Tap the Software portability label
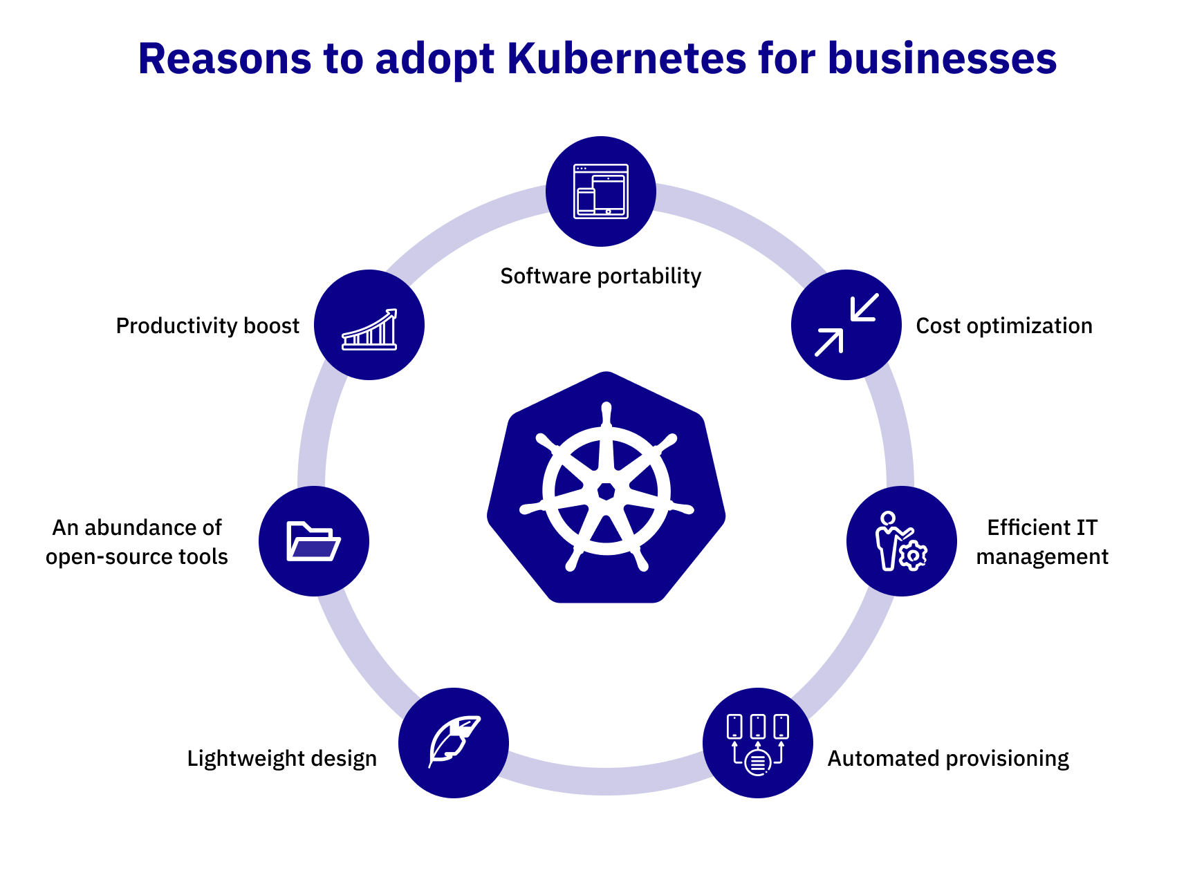coord(600,276)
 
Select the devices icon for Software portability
coord(600,191)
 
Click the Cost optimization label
coord(1003,326)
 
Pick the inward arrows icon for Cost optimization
coord(846,325)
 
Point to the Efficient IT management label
coord(1041,542)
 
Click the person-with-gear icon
coord(901,541)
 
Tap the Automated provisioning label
coord(947,758)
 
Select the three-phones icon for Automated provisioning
coord(757,743)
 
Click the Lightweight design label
coord(281,758)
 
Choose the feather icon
coord(454,742)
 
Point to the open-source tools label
coord(137,542)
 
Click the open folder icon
coord(313,541)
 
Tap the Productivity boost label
coord(207,326)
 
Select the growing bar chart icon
coord(369,329)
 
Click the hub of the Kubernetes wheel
coord(606,491)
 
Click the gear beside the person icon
coord(914,555)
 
